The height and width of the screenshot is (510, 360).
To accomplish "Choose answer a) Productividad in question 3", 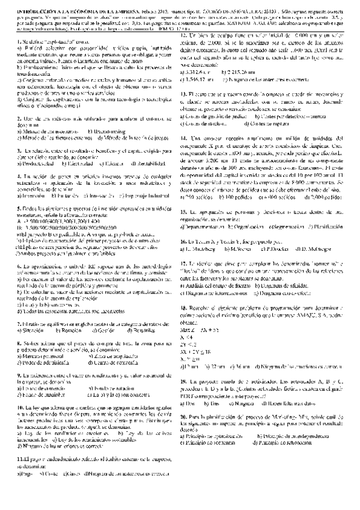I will tap(22, 164).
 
